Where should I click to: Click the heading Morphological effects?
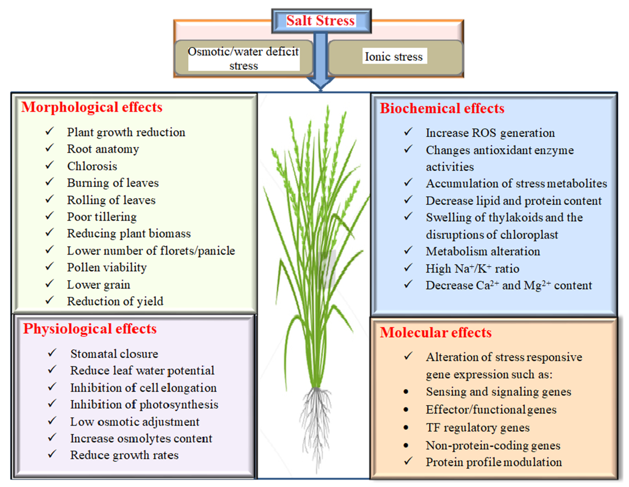tap(92, 107)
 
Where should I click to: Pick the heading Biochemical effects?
tap(442, 109)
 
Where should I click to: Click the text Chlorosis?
tap(92, 166)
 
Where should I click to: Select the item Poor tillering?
tap(102, 217)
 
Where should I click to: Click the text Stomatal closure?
tap(114, 354)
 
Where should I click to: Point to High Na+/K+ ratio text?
tap(472, 269)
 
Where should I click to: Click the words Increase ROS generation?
tap(490, 133)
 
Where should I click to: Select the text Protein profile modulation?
tap(494, 462)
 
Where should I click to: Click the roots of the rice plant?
tap(316, 423)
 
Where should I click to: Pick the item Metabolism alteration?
tap(483, 251)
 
